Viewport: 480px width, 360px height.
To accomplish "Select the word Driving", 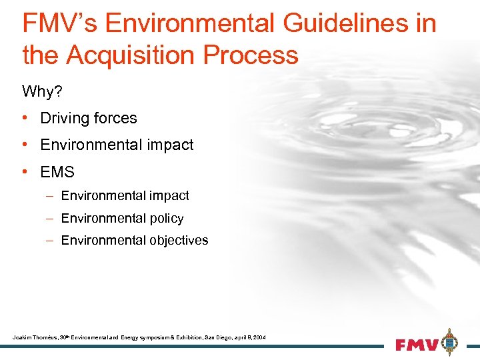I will (x=64, y=118).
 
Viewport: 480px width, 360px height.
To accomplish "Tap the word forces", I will (x=114, y=118).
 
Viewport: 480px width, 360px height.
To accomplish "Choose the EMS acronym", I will (x=57, y=172).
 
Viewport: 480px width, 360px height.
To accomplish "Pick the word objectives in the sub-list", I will (x=179, y=240).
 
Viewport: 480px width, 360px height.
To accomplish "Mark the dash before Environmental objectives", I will (x=51, y=240).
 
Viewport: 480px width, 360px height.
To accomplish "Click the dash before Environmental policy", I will (x=51, y=218).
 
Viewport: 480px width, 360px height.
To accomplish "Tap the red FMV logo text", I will (x=416, y=345).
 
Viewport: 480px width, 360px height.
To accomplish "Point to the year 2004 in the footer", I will (x=259, y=338).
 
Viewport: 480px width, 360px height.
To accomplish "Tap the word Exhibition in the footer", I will (x=177, y=338).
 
